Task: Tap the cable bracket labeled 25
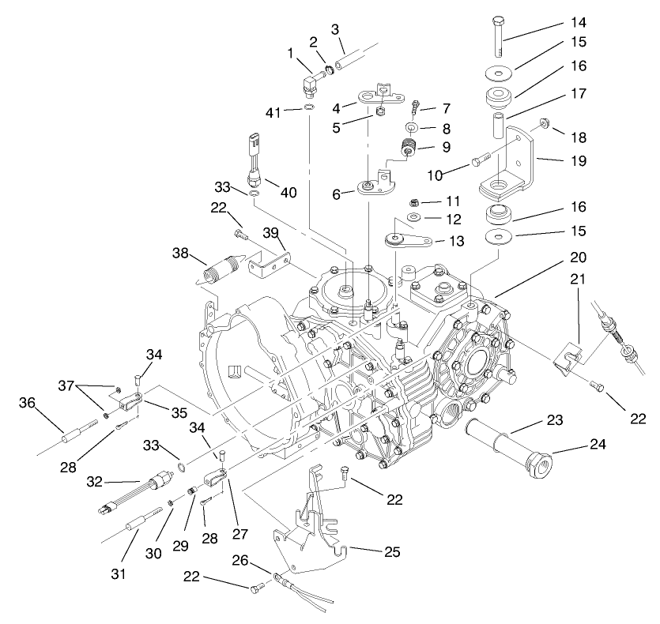312,521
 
